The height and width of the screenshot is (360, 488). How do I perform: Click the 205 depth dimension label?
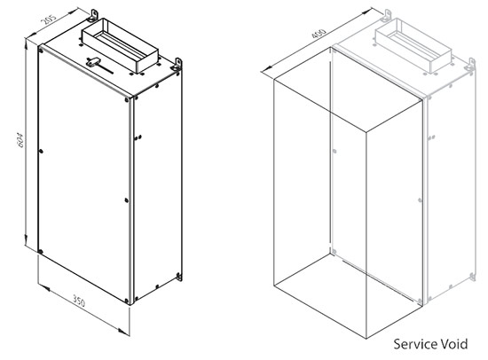coord(49,20)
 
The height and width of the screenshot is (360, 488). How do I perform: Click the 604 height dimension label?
coord(20,140)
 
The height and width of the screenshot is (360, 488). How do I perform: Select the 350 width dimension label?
coord(79,301)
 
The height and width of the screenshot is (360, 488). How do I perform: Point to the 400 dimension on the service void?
coord(319,34)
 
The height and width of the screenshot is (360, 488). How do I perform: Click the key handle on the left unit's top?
coord(94,62)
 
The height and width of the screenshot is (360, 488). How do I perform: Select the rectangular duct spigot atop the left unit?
coord(120,45)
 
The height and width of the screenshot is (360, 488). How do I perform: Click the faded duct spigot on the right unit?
coord(413,45)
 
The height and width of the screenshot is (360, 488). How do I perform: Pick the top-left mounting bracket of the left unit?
coord(93,16)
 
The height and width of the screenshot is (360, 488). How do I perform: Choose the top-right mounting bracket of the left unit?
coord(177,65)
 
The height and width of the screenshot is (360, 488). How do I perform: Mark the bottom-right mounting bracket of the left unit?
coord(179,277)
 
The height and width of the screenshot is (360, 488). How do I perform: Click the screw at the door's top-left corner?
coord(41,50)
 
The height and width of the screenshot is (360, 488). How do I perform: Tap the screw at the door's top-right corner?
coord(127,99)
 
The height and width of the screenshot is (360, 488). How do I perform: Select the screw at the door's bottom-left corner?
coord(40,252)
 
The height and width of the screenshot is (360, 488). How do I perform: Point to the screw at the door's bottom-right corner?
coord(126,301)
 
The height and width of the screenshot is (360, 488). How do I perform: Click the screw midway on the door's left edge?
coord(41,152)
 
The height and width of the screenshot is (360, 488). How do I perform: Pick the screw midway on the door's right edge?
coord(126,200)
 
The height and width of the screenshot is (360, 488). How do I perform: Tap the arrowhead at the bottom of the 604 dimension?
coord(26,240)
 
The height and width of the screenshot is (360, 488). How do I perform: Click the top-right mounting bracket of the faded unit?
coord(470,65)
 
